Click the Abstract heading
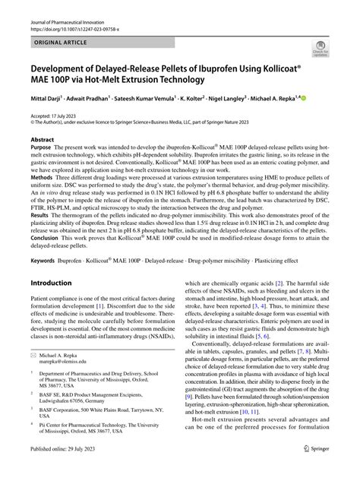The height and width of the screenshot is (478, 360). coord(42,141)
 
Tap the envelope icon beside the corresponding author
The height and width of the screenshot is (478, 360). coord(33,397)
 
